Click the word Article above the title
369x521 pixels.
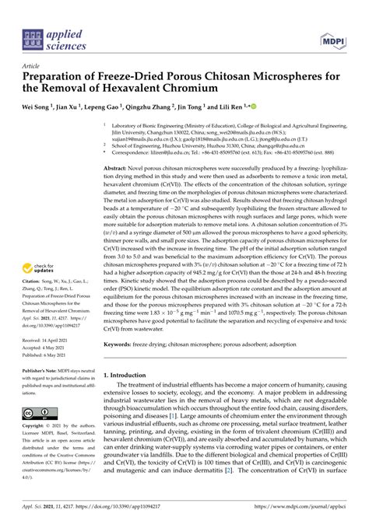point(32,67)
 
